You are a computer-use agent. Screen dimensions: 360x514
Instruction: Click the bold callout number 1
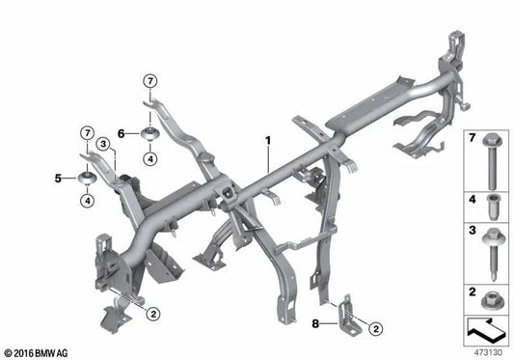pyautogui.click(x=265, y=142)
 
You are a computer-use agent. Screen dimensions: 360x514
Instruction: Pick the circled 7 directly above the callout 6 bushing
pyautogui.click(x=149, y=78)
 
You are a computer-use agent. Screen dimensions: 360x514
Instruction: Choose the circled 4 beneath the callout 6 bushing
pyautogui.click(x=150, y=158)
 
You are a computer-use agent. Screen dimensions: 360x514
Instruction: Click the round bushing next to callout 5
pyautogui.click(x=86, y=179)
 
